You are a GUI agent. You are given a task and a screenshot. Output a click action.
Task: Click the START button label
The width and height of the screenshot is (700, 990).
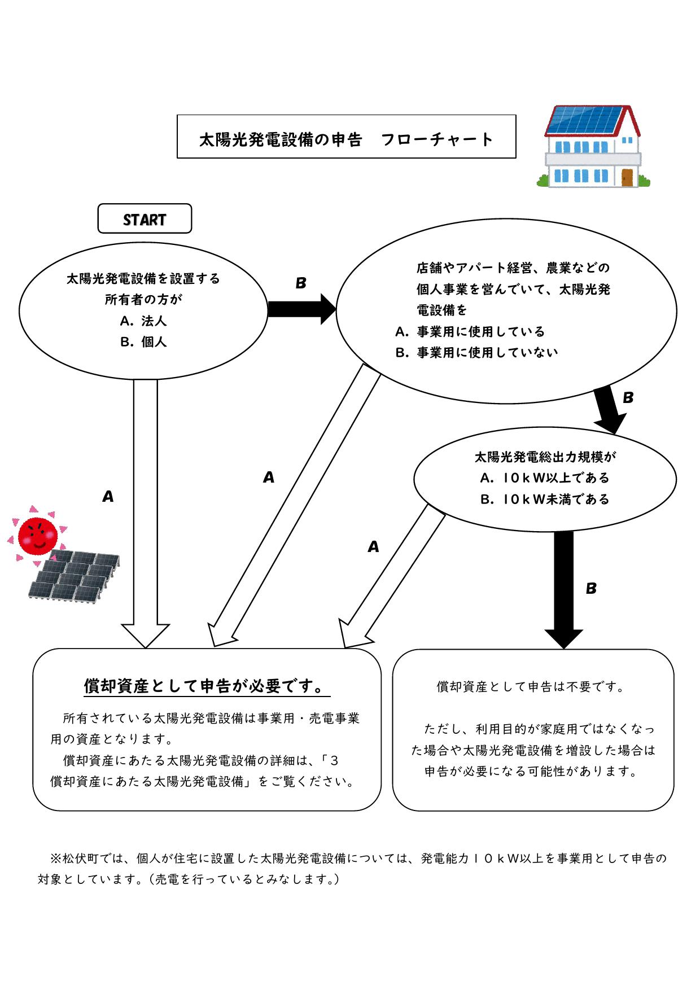click(145, 219)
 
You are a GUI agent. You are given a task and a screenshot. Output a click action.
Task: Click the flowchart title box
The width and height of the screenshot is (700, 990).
click(346, 137)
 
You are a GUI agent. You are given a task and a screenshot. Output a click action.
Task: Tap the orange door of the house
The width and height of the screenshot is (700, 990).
click(627, 177)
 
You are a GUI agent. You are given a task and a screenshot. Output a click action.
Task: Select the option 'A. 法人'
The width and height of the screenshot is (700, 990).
click(143, 321)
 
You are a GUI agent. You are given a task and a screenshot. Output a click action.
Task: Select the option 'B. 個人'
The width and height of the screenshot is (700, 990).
click(143, 342)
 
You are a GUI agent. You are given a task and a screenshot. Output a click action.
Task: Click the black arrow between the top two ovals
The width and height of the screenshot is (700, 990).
click(301, 309)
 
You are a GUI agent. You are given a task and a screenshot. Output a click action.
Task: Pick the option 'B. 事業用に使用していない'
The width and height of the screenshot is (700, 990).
click(476, 353)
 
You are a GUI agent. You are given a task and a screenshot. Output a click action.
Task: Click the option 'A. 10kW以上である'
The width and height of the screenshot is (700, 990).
click(544, 478)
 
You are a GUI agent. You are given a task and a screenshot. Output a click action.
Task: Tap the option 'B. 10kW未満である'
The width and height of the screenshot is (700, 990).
click(544, 500)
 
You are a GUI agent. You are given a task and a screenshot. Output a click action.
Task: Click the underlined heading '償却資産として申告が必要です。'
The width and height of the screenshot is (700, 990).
click(206, 686)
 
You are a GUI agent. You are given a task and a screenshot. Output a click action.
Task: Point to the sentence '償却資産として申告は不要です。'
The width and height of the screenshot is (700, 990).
click(531, 687)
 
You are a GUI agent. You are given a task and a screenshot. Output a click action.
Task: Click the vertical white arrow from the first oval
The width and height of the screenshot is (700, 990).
click(146, 508)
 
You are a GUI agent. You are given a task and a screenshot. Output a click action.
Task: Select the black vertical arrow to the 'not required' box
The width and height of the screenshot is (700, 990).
click(563, 587)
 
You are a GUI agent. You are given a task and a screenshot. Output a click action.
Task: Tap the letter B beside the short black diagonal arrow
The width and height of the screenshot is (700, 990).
click(628, 398)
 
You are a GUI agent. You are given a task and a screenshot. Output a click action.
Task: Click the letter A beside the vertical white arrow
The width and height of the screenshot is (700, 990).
click(108, 497)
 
